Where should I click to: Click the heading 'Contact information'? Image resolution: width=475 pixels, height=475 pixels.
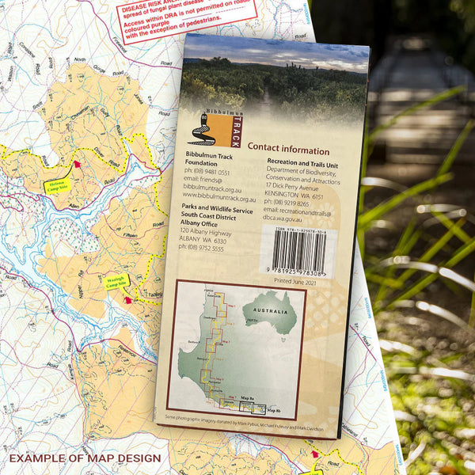click(288, 149)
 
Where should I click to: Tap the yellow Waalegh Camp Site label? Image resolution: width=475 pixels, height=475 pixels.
click(117, 281)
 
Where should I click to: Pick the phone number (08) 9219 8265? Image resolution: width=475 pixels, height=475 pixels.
click(287, 203)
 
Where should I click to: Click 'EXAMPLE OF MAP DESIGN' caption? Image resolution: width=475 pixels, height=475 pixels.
click(85, 458)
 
